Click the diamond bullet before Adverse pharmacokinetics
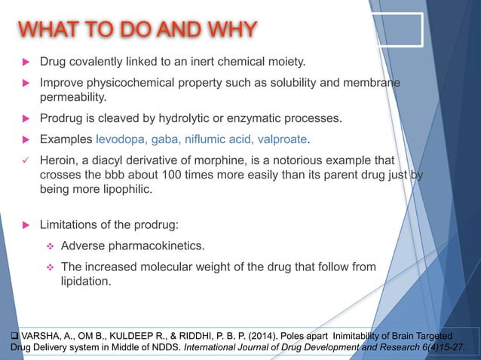click(47, 246)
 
